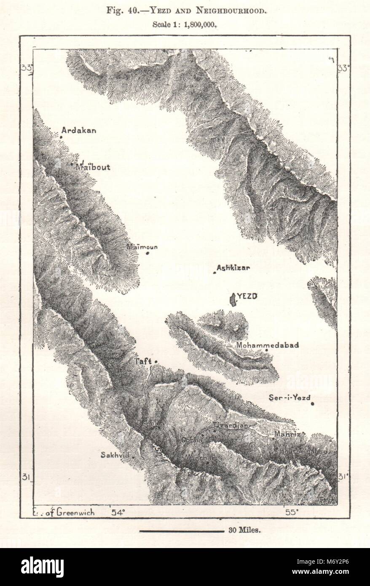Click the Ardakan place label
click(x=79, y=130)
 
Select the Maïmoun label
click(x=142, y=247)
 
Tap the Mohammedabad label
click(x=268, y=345)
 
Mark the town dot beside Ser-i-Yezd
click(x=312, y=404)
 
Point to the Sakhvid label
click(x=115, y=455)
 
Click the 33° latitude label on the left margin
click(x=27, y=68)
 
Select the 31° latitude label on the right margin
click(x=343, y=477)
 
